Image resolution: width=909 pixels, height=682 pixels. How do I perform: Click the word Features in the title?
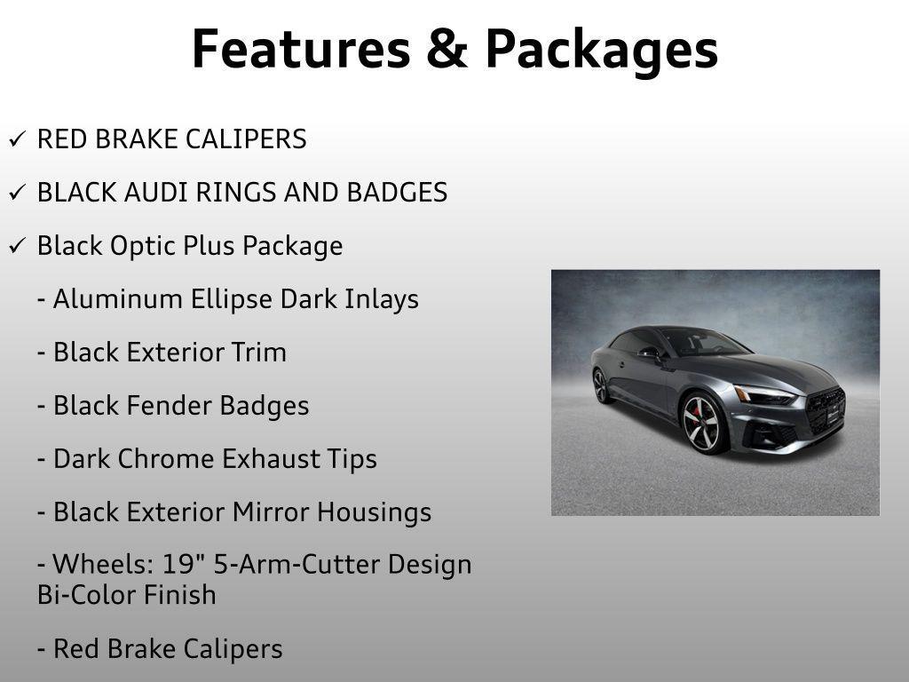tap(301, 50)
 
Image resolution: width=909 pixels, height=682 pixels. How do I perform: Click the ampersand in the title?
tap(447, 50)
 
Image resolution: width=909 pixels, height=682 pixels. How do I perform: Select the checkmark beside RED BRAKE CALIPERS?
tap(17, 139)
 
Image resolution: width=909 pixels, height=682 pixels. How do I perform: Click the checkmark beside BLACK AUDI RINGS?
tap(17, 192)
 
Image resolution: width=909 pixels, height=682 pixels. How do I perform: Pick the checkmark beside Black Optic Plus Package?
tap(17, 246)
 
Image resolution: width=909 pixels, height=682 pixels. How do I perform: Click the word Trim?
tap(258, 353)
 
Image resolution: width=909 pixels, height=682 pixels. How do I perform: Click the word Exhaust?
tap(271, 459)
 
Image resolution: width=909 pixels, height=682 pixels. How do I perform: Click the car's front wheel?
tap(703, 424)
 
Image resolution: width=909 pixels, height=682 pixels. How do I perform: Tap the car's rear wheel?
tap(602, 385)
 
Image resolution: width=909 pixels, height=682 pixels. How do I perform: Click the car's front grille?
tap(826, 409)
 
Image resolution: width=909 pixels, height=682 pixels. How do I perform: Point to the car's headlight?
tap(764, 395)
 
